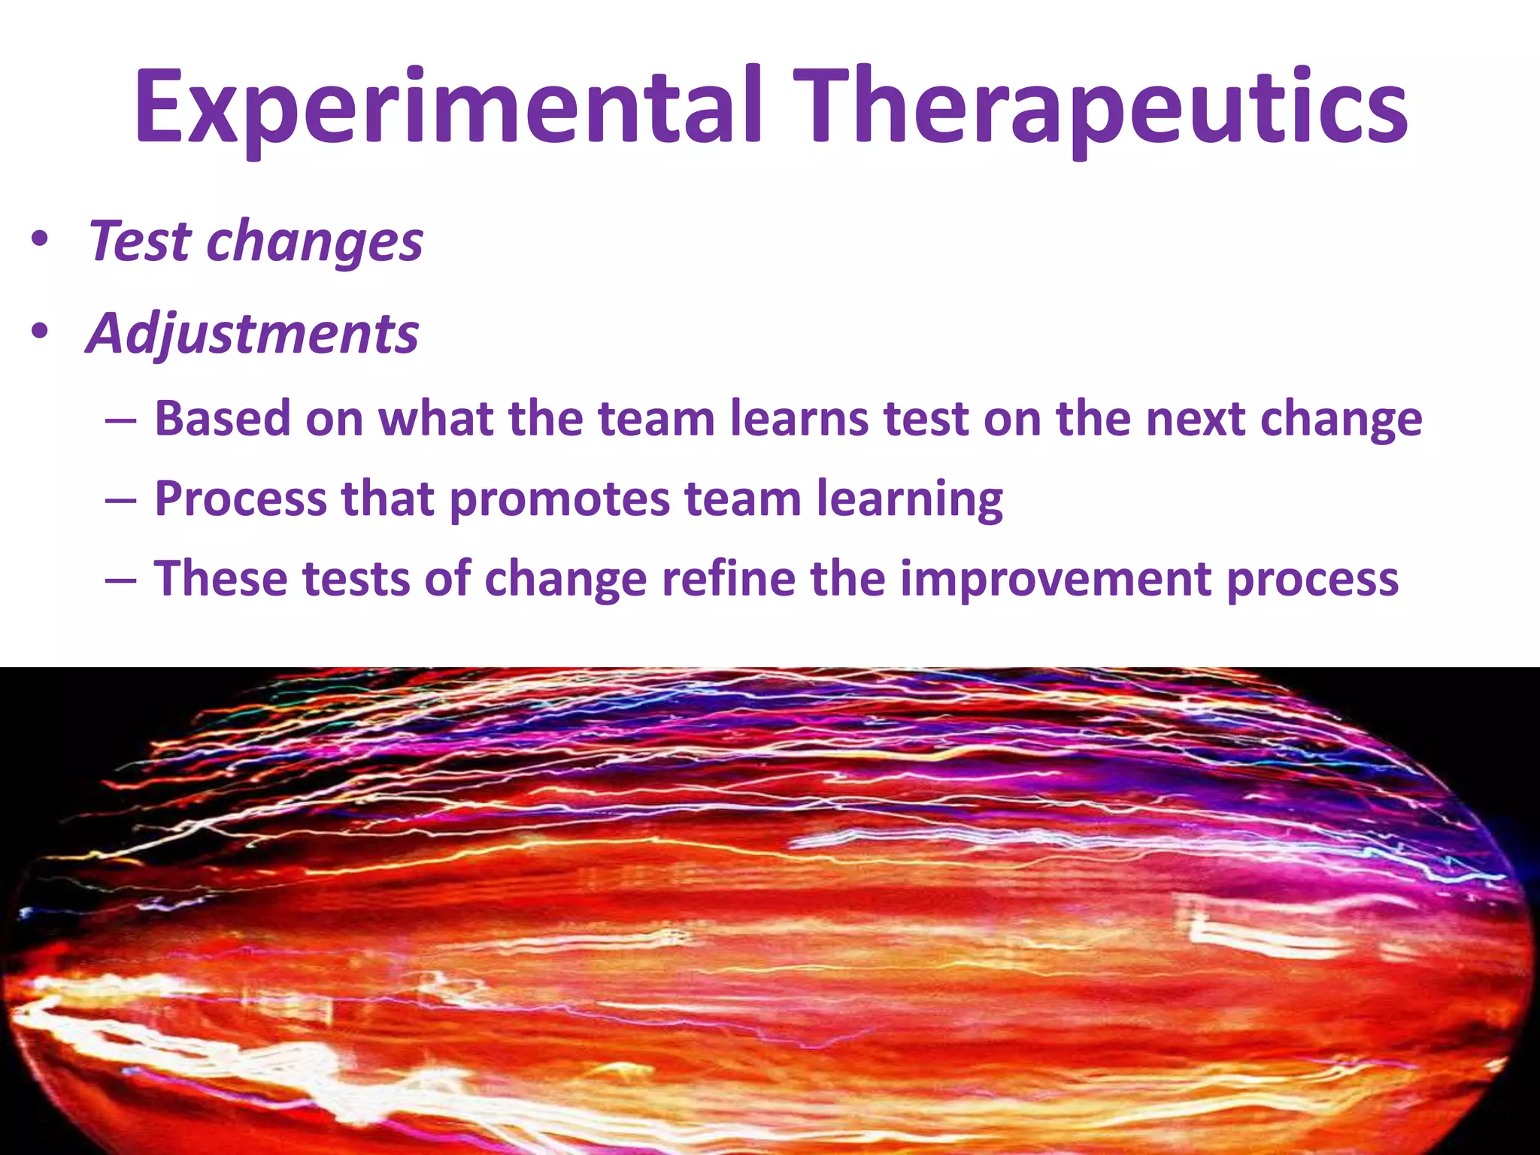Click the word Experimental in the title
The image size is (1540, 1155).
click(x=448, y=107)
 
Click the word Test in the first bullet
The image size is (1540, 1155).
click(x=139, y=241)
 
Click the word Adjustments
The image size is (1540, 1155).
click(x=253, y=333)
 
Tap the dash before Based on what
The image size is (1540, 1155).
click(x=120, y=420)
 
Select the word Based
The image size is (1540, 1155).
click(x=222, y=418)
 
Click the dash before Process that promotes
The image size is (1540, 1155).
click(x=120, y=500)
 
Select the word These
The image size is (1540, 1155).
click(x=221, y=579)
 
